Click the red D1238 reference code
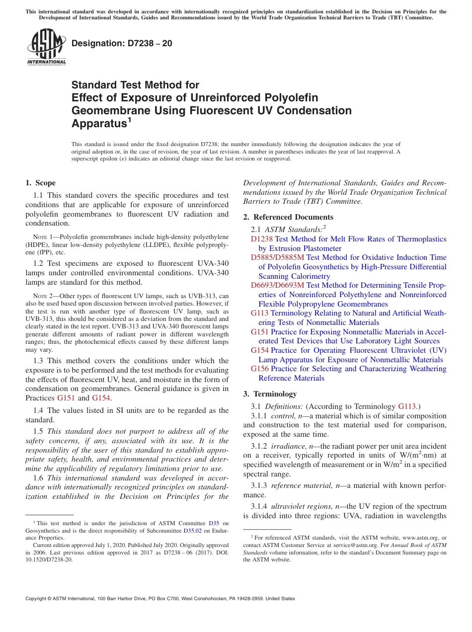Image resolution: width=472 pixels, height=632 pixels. coord(262,239)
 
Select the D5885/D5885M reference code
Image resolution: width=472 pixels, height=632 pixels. coord(278,257)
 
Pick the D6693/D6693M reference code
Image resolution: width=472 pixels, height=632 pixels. coord(278,285)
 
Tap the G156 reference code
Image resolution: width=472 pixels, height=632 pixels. coord(260,369)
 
